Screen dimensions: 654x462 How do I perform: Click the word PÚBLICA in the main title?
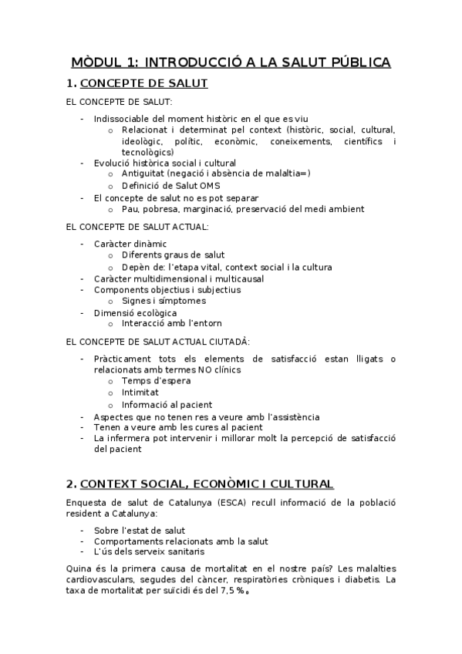tap(356, 62)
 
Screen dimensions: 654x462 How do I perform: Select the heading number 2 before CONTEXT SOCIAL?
tap(71, 484)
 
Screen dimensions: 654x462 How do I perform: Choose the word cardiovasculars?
tap(105, 580)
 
